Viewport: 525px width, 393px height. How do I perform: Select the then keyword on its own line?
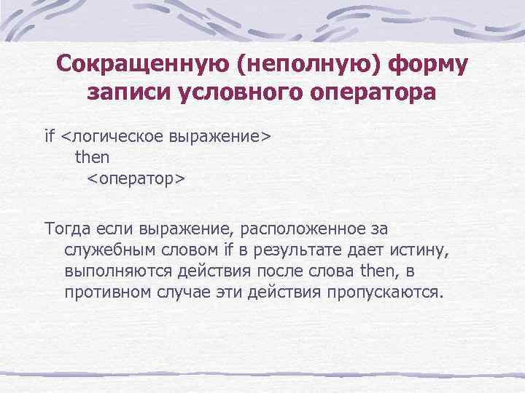[92, 156]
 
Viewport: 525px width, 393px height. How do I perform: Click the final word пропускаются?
[384, 293]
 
